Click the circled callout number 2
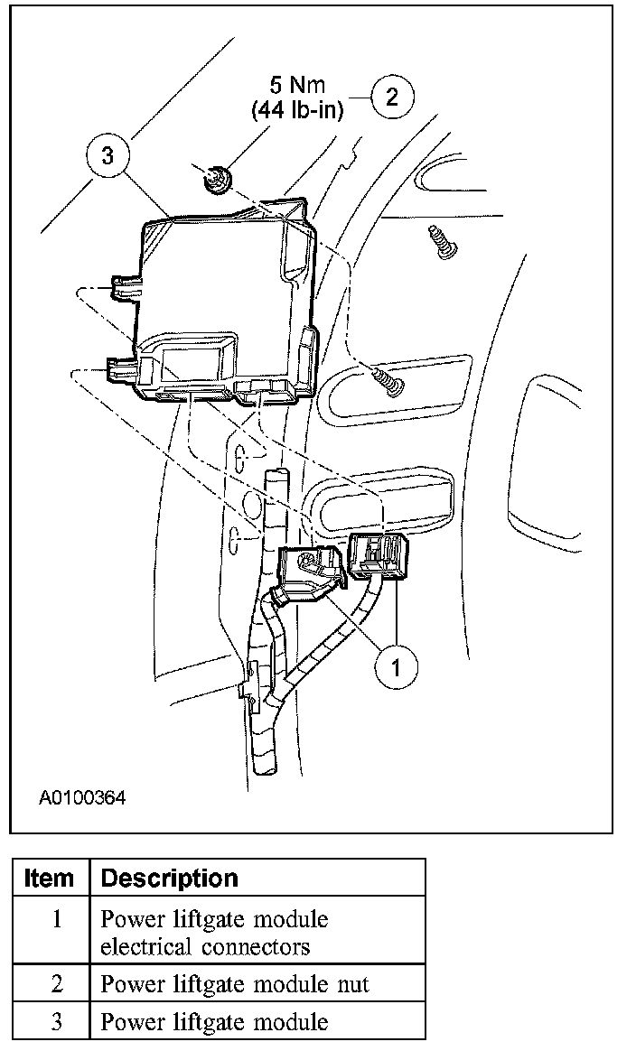pyautogui.click(x=391, y=97)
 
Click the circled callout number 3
pyautogui.click(x=108, y=155)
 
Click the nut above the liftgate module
pyautogui.click(x=217, y=181)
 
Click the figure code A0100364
pyautogui.click(x=82, y=798)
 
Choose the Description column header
pyautogui.click(x=169, y=878)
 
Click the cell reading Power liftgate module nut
pyautogui.click(x=235, y=984)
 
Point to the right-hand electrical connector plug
pyautogui.click(x=378, y=553)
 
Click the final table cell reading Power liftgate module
pyautogui.click(x=214, y=1022)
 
